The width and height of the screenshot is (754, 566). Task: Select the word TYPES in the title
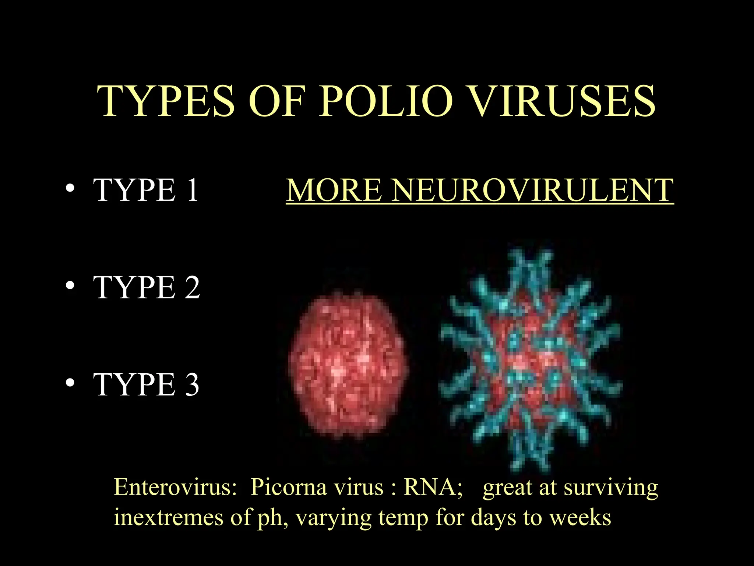pos(166,101)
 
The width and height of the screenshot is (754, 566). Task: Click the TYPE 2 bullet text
pos(147,287)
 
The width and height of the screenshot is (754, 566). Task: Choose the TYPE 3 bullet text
pos(147,384)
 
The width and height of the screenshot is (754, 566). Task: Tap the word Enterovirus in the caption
pos(175,487)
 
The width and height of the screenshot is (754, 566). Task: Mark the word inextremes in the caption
pos(169,517)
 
